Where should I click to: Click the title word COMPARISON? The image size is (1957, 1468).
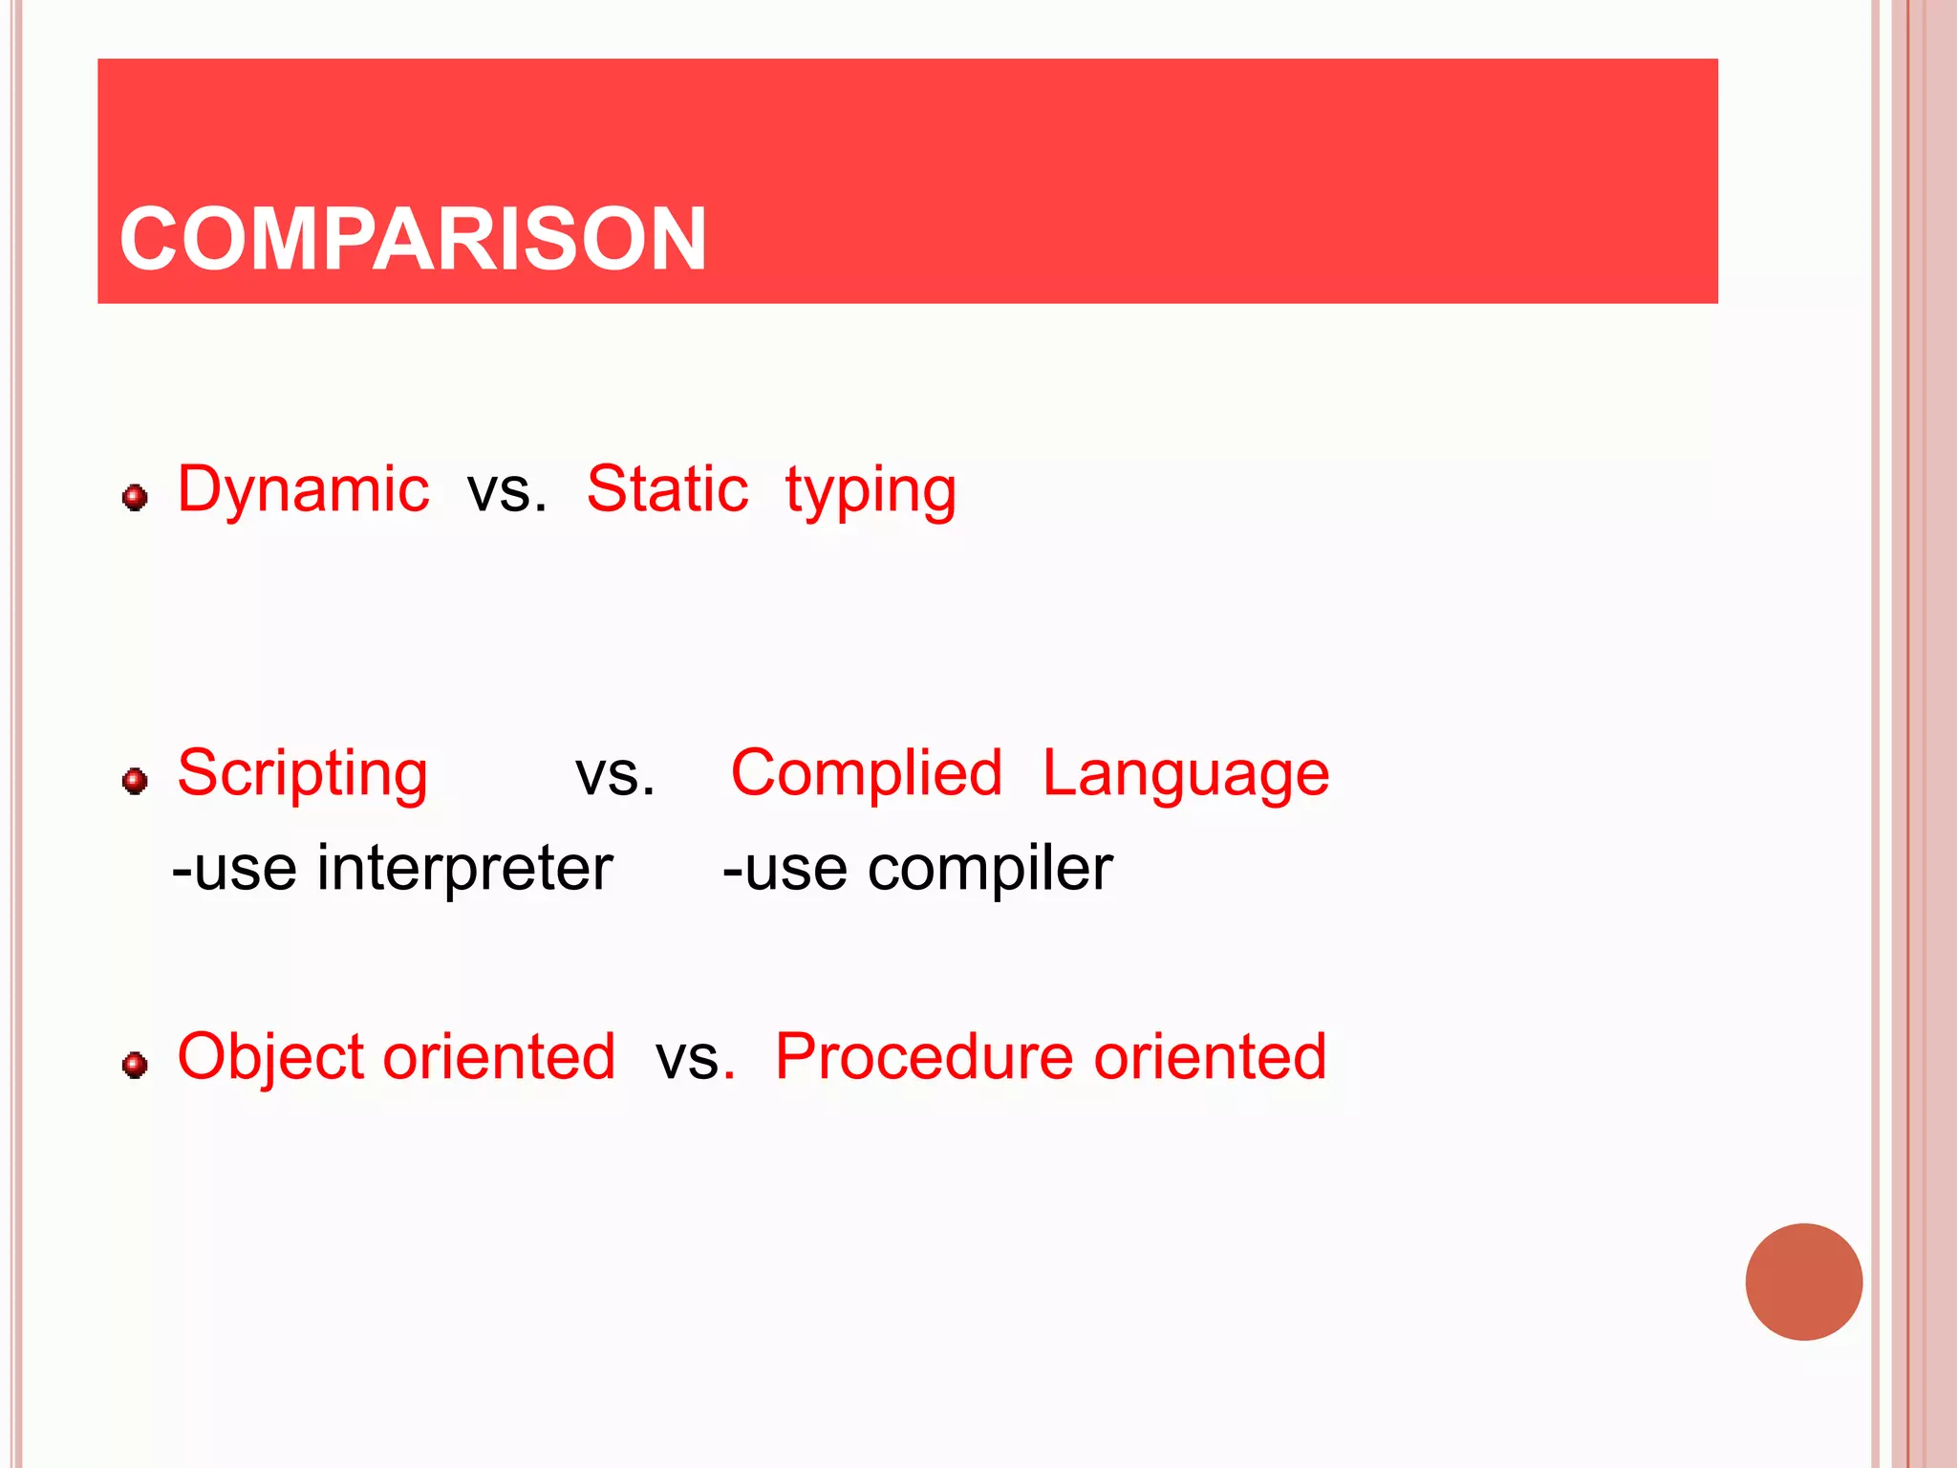413,239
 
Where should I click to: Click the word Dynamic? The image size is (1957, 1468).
303,489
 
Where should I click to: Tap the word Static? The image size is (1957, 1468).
667,489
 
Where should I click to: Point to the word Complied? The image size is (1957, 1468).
866,772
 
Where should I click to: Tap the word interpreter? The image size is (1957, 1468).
464,868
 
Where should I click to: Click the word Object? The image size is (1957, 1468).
270,1057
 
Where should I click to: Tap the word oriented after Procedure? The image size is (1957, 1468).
1210,1056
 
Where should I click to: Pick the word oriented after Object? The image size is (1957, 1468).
499,1056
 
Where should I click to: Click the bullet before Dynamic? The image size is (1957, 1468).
135,497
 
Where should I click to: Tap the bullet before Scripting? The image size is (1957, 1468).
135,781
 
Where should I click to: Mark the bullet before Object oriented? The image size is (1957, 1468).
135,1065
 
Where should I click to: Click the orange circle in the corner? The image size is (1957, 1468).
1803,1282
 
